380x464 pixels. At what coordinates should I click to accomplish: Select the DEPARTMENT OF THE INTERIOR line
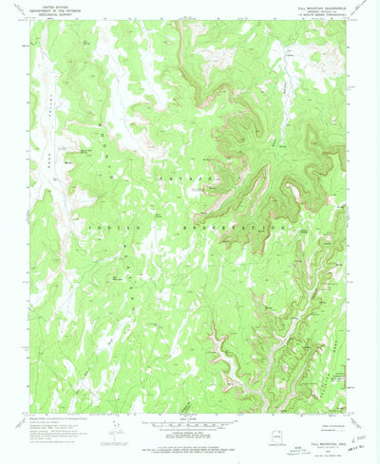(x=45, y=10)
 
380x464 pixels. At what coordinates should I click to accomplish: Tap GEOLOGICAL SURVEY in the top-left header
(x=45, y=14)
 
